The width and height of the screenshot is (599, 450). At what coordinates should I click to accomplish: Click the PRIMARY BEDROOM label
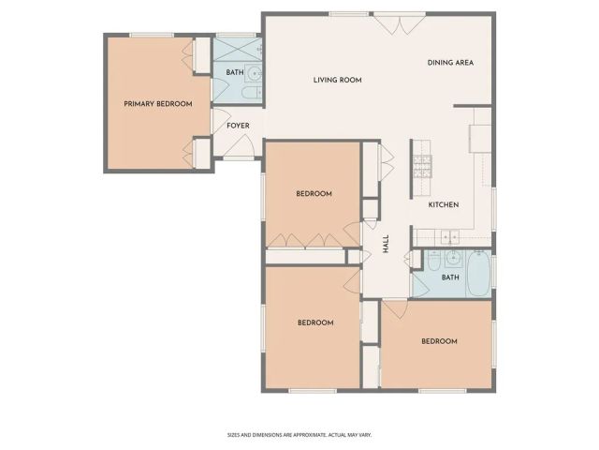point(158,104)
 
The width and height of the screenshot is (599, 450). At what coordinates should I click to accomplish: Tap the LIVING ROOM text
point(337,81)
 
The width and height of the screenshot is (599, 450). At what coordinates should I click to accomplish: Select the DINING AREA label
point(450,63)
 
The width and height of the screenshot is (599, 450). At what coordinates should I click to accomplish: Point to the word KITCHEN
point(444,205)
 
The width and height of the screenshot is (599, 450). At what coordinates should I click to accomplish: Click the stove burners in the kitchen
point(422,167)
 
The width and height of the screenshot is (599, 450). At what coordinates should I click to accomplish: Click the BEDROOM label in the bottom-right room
point(439,341)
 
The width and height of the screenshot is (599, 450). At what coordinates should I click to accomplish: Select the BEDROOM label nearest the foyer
point(314,194)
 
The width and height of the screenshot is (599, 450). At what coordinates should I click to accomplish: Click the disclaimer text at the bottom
point(299,434)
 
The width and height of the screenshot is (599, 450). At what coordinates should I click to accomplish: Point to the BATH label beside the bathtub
point(450,277)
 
